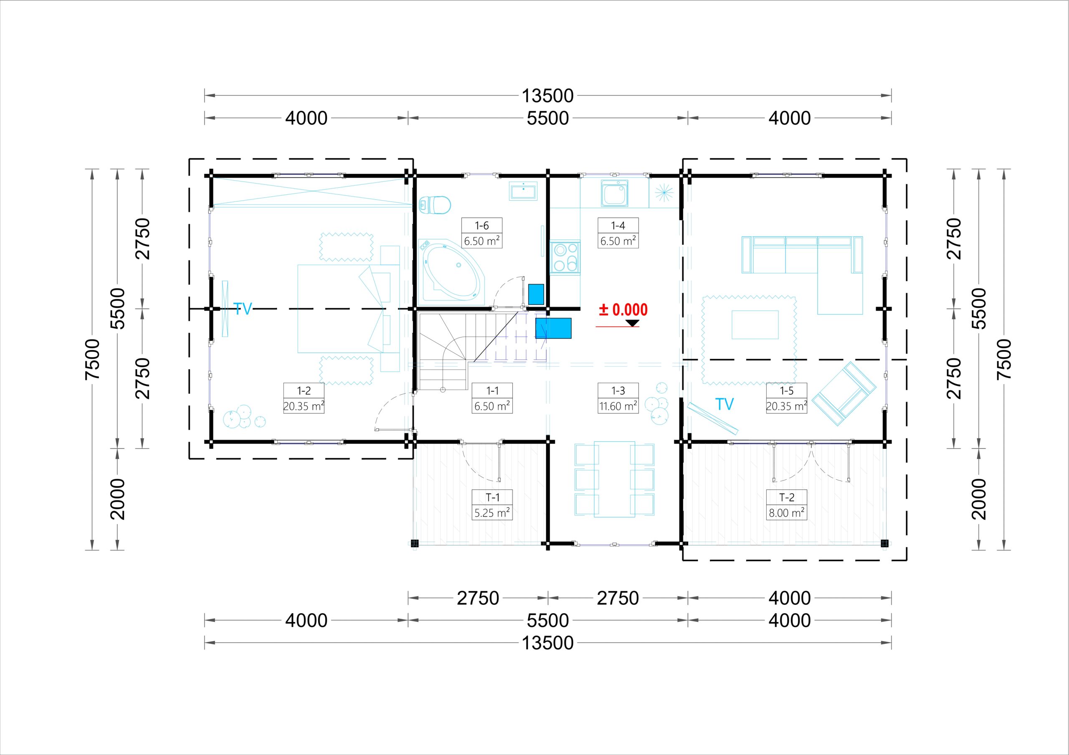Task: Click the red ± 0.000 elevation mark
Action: [623, 310]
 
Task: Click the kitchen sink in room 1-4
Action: [615, 193]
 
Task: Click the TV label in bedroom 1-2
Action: [243, 309]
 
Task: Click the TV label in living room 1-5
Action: [724, 404]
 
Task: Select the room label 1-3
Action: [618, 391]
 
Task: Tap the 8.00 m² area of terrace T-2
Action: [787, 513]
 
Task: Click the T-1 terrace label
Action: [492, 497]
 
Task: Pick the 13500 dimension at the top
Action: [547, 96]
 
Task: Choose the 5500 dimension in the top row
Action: [547, 118]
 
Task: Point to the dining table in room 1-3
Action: [614, 479]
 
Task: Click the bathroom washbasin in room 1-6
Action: [523, 191]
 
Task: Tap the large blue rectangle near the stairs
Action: [553, 328]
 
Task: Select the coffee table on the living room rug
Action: [755, 325]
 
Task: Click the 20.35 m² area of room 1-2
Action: [304, 406]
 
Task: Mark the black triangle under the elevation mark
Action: [632, 323]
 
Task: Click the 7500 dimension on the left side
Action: [93, 359]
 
